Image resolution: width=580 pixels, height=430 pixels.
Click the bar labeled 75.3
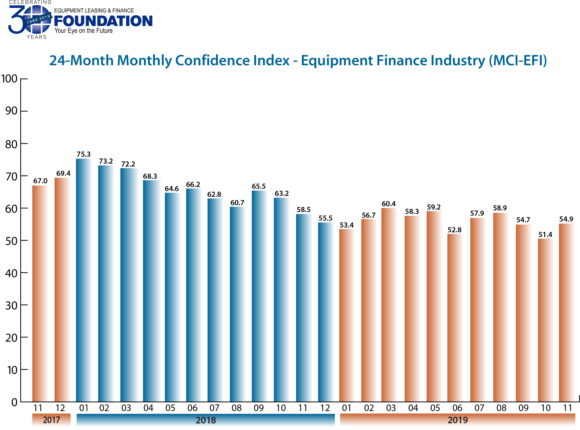[83, 280]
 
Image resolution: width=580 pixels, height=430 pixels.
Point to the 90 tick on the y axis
[11, 111]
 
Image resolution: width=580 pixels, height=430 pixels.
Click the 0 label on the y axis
[14, 402]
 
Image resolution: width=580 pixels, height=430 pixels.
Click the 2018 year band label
[206, 420]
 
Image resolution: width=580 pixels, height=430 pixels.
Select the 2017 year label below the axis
[51, 420]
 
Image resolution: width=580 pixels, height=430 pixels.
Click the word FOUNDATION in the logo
[103, 21]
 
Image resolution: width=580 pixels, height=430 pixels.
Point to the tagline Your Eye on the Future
[83, 31]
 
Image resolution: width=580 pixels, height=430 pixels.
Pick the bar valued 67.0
[40, 293]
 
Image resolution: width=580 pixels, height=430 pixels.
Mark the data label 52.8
[454, 230]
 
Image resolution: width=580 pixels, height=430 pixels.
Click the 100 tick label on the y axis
[9, 79]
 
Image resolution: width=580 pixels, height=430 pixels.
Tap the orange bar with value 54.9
[566, 312]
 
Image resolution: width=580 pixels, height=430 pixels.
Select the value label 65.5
[259, 186]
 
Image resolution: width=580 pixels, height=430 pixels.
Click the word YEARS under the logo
[37, 37]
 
